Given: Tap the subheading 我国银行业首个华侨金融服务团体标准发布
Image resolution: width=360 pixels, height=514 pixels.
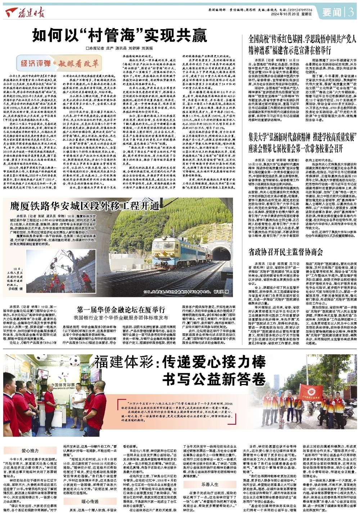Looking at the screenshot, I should click(x=121, y=318).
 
